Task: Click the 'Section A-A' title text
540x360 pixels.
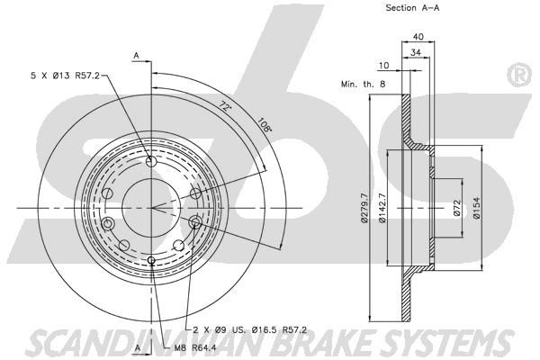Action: pyautogui.click(x=412, y=8)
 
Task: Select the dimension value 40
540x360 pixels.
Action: pyautogui.click(x=418, y=36)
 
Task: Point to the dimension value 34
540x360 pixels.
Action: pyautogui.click(x=416, y=52)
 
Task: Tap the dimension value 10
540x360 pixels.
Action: pyautogui.click(x=383, y=65)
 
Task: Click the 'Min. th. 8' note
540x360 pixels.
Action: pyautogui.click(x=363, y=84)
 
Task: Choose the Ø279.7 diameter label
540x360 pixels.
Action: pyautogui.click(x=364, y=208)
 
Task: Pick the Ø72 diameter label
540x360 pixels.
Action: pyautogui.click(x=456, y=208)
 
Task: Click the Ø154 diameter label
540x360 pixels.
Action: pyautogui.click(x=476, y=208)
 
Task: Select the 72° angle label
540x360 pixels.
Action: pyautogui.click(x=225, y=106)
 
